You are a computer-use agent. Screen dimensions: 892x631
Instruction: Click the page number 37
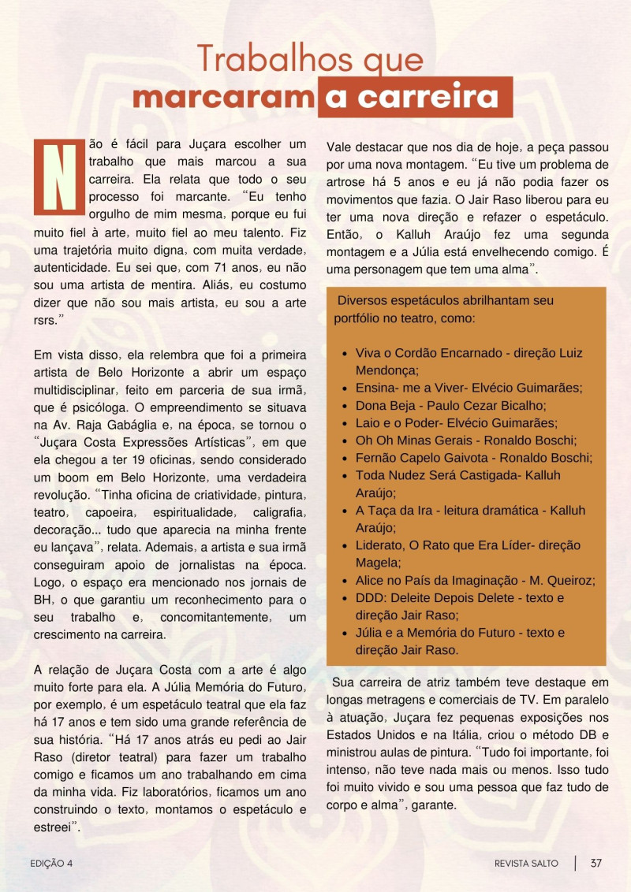point(596,863)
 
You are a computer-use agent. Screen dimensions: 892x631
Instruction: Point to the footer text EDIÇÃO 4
point(51,864)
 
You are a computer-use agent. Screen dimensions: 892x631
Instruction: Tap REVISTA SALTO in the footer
point(526,864)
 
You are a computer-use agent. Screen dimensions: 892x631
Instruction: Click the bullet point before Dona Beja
point(345,406)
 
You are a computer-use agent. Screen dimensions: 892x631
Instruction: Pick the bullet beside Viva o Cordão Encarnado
point(345,354)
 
